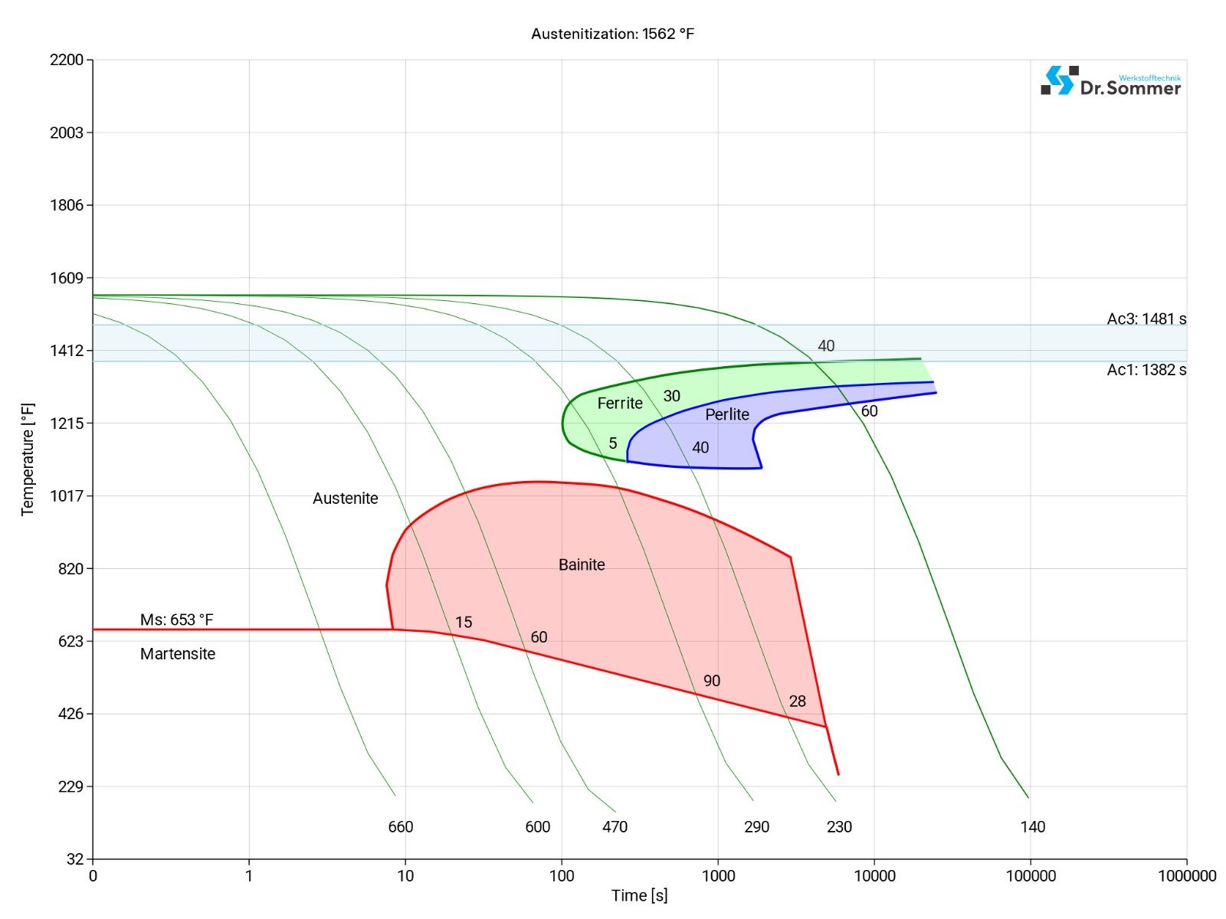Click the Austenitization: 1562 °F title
[612, 34]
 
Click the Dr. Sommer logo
[1110, 81]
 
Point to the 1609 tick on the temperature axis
[67, 278]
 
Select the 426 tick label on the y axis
[70, 714]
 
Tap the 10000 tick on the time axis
[874, 876]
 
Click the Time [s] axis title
[639, 895]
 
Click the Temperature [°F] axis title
[28, 459]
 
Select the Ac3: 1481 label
[1146, 319]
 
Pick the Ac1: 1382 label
[1146, 370]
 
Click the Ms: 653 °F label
[176, 620]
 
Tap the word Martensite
[178, 654]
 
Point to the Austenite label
[346, 499]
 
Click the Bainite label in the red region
[582, 565]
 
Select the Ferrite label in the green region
[620, 404]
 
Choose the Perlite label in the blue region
[727, 414]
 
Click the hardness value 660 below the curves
[401, 827]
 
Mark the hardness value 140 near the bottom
[1033, 827]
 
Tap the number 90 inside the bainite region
[712, 681]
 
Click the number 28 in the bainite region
[798, 702]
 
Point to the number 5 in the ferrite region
[613, 443]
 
